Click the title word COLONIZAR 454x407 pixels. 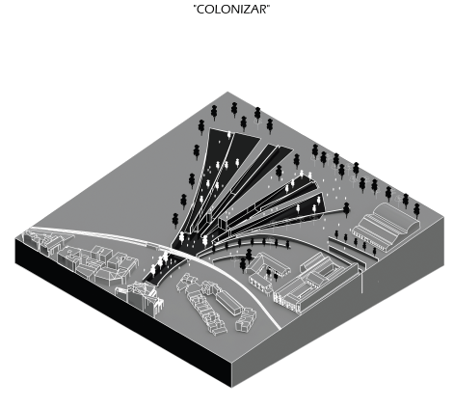click(231, 10)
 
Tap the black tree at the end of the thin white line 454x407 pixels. click(346, 209)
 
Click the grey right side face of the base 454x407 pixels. click(338, 306)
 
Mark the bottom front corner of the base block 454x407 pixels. click(231, 388)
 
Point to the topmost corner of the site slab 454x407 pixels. click(227, 93)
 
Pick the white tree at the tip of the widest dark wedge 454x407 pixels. click(229, 135)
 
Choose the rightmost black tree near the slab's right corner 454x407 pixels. click(416, 210)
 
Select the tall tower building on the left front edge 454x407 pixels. click(143, 297)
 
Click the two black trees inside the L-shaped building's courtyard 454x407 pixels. click(272, 274)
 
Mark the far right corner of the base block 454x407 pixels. click(444, 218)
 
